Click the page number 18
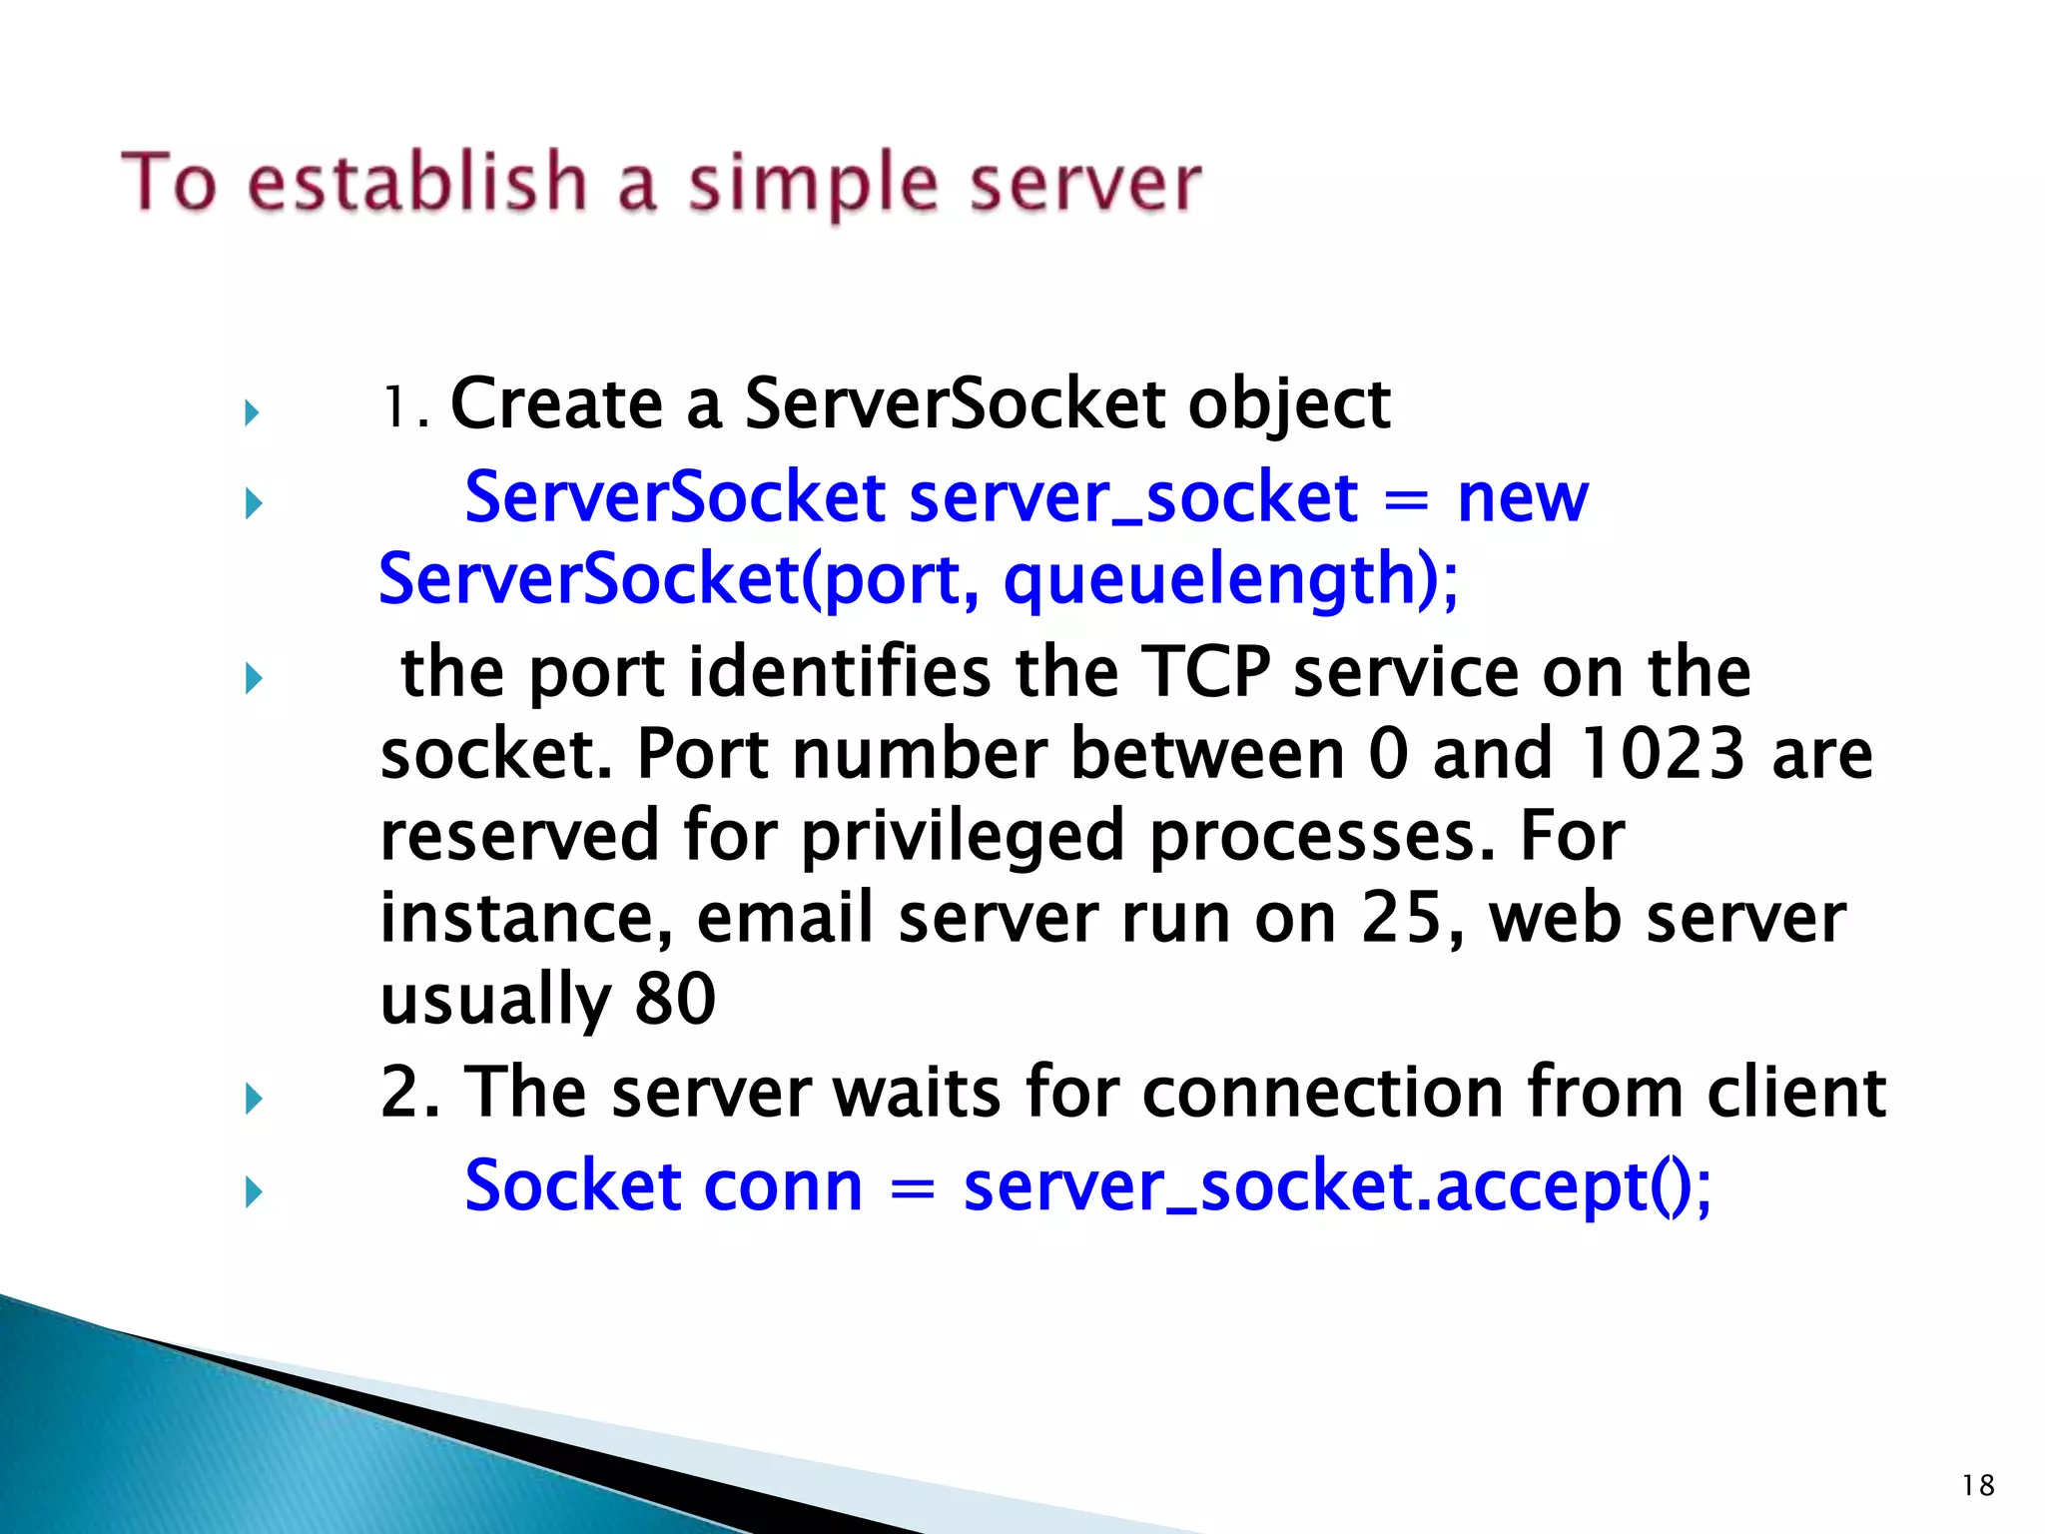tap(1977, 1485)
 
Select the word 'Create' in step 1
tap(557, 403)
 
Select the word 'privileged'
tap(963, 836)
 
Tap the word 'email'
tap(785, 918)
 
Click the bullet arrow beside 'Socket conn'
tap(253, 1191)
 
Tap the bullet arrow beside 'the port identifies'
tap(253, 678)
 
